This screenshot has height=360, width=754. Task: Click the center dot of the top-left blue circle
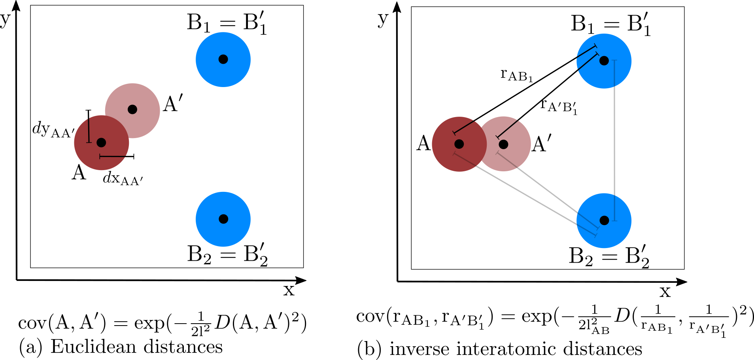(223, 59)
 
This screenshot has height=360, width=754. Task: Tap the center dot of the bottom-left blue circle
(223, 219)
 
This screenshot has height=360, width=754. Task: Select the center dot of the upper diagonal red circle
(132, 110)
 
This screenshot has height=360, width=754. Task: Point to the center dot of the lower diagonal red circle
(101, 142)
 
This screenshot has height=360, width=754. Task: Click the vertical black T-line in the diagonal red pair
(89, 130)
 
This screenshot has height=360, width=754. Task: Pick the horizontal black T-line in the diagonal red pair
(112, 157)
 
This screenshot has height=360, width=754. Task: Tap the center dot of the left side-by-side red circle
(459, 144)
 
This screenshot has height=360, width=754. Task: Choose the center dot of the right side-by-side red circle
(503, 144)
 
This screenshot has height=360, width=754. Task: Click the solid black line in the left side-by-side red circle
(463, 127)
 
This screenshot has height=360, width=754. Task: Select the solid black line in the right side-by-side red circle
(507, 129)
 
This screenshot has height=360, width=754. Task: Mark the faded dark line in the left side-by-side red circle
(465, 159)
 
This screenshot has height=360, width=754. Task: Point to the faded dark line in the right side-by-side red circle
(507, 160)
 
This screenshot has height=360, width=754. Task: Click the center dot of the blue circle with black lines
(604, 61)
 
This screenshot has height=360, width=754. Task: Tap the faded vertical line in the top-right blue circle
(614, 74)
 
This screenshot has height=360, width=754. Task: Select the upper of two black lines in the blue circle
(586, 52)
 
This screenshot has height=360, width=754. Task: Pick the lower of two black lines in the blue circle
(588, 61)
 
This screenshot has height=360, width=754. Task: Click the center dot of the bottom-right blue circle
(604, 220)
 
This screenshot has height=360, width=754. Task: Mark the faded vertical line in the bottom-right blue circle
(614, 208)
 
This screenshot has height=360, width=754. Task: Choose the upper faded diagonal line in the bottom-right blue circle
(588, 221)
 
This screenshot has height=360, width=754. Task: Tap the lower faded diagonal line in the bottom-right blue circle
(586, 230)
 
